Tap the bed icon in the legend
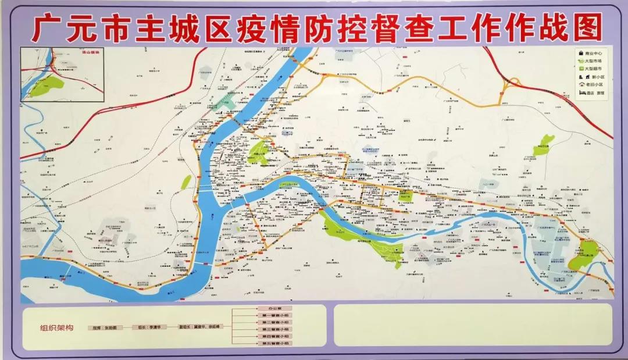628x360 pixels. click(x=582, y=92)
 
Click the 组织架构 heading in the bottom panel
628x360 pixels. click(x=56, y=328)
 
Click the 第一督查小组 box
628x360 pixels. click(x=273, y=315)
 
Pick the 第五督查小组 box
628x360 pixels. click(x=273, y=344)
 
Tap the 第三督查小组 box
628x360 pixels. click(x=273, y=330)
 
